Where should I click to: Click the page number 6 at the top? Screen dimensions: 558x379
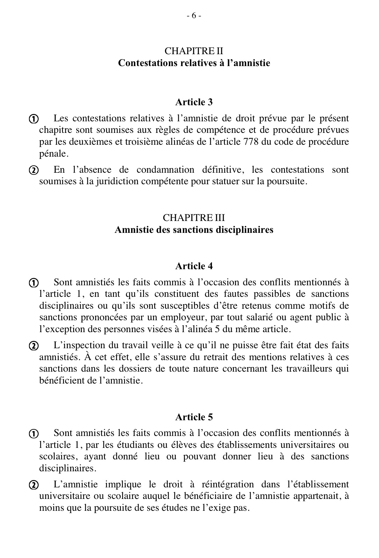(x=194, y=16)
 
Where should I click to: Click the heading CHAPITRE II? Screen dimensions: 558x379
(x=194, y=51)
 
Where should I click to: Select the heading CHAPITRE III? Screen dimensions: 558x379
(x=194, y=218)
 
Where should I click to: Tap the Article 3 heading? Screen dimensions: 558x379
(x=194, y=102)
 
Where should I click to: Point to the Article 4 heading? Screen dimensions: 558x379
(x=194, y=266)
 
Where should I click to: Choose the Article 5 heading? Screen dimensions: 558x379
(x=194, y=417)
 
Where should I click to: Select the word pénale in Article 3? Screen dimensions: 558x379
(x=52, y=154)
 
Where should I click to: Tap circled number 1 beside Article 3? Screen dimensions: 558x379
(x=33, y=119)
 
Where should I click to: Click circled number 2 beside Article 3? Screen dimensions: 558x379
(x=33, y=171)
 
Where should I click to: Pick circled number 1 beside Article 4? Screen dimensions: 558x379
(x=33, y=283)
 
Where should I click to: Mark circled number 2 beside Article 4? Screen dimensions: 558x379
(x=33, y=346)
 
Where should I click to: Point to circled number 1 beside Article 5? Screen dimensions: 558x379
(x=33, y=434)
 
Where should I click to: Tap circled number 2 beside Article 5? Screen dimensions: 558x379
(x=33, y=485)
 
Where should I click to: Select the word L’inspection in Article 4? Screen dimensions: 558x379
(x=74, y=345)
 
